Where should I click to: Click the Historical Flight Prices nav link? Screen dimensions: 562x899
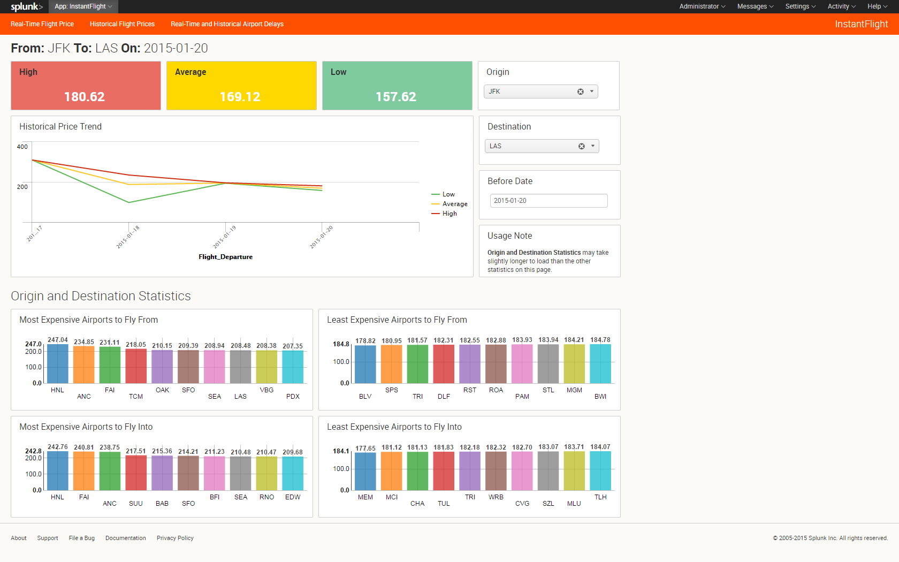coord(122,24)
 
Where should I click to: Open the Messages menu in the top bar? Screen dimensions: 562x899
coord(755,6)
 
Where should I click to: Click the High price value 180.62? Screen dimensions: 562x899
coord(85,97)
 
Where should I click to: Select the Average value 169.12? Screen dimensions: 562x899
coord(240,97)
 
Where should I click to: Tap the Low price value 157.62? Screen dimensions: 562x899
coord(396,97)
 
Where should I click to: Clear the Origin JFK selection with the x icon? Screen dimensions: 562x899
coord(581,92)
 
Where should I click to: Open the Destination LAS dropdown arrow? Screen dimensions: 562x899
coord(593,146)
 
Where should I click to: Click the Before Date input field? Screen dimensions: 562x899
coord(548,201)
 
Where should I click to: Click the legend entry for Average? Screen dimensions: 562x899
coord(455,204)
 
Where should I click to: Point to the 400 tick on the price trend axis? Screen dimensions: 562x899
coord(22,147)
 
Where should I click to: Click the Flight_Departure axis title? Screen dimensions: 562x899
coord(225,257)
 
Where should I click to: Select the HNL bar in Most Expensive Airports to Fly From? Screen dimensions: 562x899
coord(58,364)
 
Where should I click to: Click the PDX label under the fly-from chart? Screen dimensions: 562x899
coord(293,397)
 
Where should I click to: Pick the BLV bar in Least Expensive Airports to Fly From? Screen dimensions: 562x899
coord(365,364)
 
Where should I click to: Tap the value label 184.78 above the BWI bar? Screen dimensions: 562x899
coord(600,340)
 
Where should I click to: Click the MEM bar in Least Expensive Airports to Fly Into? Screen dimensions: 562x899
coord(365,471)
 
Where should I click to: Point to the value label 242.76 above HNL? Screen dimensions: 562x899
coord(58,447)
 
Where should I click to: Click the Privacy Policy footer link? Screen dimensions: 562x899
coord(175,538)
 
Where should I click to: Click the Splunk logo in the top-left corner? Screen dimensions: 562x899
coord(26,6)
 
